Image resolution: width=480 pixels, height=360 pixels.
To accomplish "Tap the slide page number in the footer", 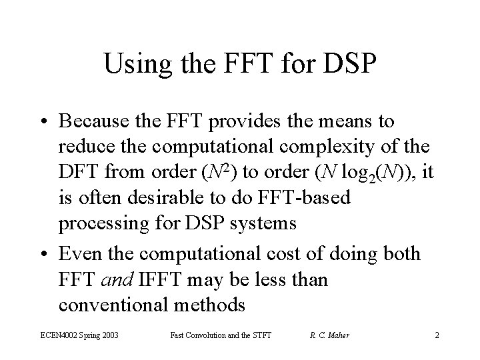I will (437, 335).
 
